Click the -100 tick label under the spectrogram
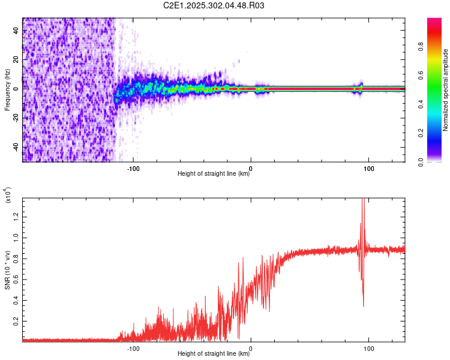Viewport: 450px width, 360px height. click(x=133, y=167)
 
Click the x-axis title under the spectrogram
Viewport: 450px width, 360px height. click(x=214, y=174)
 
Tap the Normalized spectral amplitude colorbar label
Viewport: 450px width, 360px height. click(x=446, y=90)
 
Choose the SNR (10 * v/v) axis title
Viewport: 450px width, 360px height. click(x=7, y=270)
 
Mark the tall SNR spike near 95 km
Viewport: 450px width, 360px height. click(x=362, y=207)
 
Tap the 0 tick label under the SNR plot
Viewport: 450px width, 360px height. click(x=251, y=347)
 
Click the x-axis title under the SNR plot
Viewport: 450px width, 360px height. click(x=214, y=354)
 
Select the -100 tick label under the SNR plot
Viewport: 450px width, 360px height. click(x=133, y=347)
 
